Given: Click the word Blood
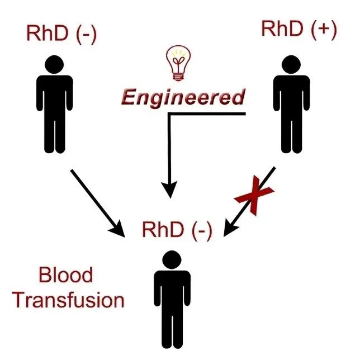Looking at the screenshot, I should [x=65, y=276].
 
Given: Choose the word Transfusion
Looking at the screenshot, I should [x=68, y=300].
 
